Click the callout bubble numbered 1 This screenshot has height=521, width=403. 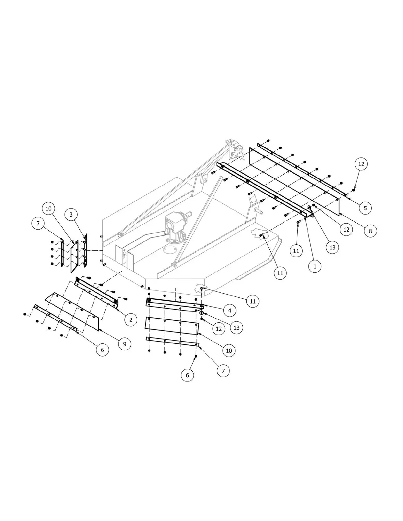(x=315, y=267)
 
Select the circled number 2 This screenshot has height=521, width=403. (x=131, y=319)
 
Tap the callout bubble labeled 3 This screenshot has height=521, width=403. (x=71, y=215)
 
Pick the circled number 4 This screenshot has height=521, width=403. (x=229, y=310)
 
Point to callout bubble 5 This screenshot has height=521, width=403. (x=365, y=208)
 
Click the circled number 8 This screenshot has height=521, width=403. (x=370, y=231)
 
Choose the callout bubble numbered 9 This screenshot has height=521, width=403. (x=124, y=344)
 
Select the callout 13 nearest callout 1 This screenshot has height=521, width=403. (x=332, y=247)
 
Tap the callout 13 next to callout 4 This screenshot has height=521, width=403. (x=236, y=328)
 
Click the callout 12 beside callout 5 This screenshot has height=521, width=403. (x=361, y=164)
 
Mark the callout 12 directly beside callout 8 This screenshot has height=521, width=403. (x=346, y=230)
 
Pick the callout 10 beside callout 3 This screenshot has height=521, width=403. (x=48, y=209)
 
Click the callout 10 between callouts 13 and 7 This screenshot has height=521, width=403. (x=229, y=350)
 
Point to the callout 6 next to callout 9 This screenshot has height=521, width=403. (x=102, y=350)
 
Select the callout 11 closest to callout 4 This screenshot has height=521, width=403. (x=253, y=301)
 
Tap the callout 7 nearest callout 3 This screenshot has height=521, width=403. (x=38, y=224)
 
